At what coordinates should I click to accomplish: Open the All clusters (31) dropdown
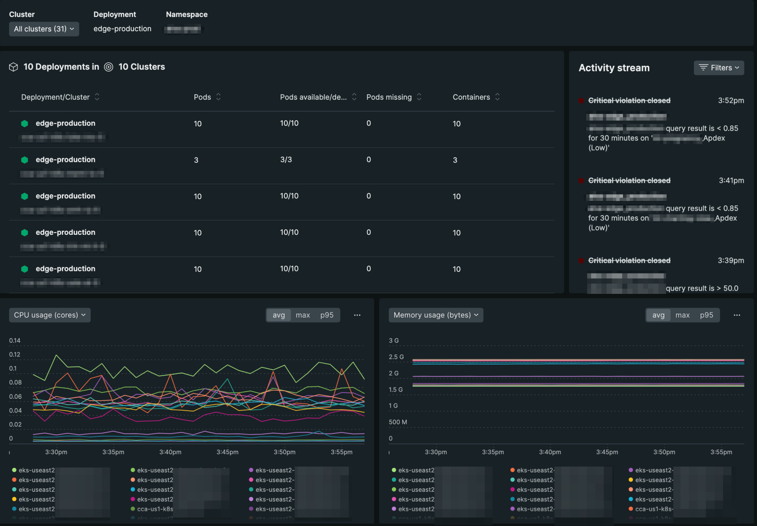tap(44, 29)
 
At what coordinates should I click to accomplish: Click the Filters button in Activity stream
tap(718, 68)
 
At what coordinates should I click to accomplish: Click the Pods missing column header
tap(389, 97)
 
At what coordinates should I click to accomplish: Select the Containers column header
tap(471, 97)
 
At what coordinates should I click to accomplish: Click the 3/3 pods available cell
tap(286, 160)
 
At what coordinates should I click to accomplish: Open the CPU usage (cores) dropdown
tap(50, 315)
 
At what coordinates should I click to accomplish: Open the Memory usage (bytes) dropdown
tap(436, 315)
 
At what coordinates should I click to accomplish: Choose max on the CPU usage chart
tap(302, 315)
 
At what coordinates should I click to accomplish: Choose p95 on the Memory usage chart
tap(706, 315)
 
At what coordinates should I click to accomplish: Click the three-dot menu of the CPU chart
tap(357, 315)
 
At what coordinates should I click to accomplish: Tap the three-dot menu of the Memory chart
tap(736, 315)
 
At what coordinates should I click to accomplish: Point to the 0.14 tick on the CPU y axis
tap(15, 340)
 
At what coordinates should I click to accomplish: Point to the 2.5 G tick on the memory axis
tap(396, 357)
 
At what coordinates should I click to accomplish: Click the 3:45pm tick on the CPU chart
tap(227, 452)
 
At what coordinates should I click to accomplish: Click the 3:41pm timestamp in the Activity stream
tap(731, 180)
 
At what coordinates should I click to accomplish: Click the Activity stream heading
tap(614, 68)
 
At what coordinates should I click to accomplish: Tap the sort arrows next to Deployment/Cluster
tap(97, 97)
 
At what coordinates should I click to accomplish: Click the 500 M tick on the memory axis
tap(397, 422)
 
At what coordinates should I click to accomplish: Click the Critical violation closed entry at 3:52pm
tap(629, 100)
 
